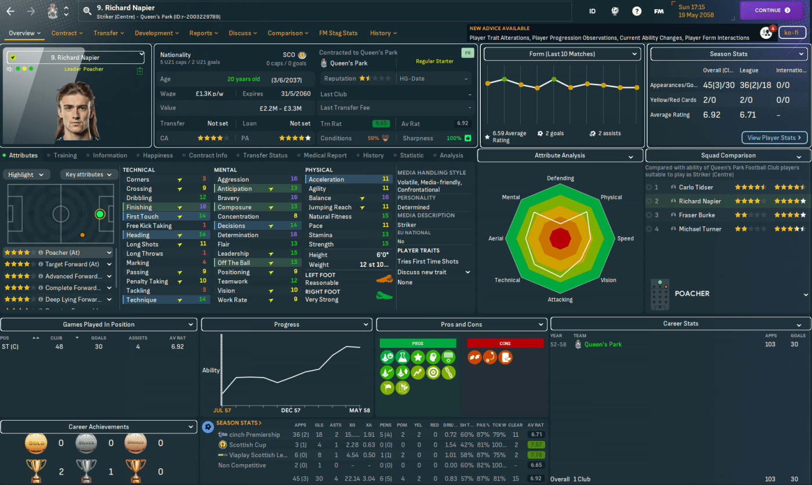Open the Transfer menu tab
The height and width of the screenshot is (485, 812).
(108, 33)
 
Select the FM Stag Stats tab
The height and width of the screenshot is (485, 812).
(338, 33)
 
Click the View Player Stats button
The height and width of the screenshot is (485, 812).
(774, 137)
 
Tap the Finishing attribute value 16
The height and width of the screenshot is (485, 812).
(202, 207)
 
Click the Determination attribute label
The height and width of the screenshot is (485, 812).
(238, 235)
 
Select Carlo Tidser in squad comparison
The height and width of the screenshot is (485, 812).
(696, 187)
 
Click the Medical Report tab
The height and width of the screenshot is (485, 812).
(325, 155)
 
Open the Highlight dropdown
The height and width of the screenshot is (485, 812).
(27, 175)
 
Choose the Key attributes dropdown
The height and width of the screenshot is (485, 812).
(89, 175)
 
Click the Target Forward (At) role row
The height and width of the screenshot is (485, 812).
(58, 265)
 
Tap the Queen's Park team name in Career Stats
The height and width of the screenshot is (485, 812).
(603, 345)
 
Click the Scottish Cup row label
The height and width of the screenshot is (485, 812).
(248, 445)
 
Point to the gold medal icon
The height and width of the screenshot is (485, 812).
(36, 443)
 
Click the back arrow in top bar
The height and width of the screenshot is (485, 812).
(10, 10)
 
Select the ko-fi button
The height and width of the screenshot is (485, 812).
(792, 32)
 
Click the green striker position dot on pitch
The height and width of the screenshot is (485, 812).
(100, 214)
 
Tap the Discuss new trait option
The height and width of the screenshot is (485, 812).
(422, 272)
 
